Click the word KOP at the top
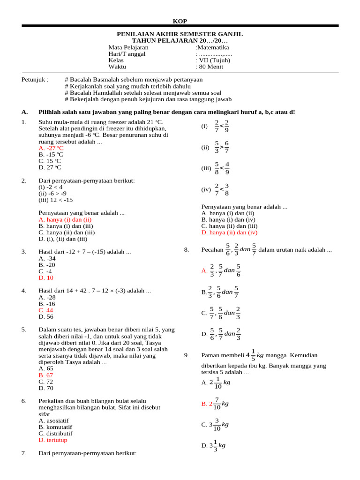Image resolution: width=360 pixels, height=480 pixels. click(x=180, y=21)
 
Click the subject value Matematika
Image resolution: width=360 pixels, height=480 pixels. click(x=213, y=47)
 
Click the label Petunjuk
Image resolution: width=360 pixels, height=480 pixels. click(x=35, y=80)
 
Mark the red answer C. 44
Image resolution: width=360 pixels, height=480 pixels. click(x=46, y=310)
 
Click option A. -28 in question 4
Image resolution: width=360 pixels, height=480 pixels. click(x=47, y=297)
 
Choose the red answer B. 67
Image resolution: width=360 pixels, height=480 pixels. click(x=46, y=375)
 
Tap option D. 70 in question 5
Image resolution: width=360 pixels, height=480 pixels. click(x=46, y=388)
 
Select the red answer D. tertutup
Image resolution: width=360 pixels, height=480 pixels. click(x=53, y=440)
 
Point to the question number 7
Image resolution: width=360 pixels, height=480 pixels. click(x=24, y=453)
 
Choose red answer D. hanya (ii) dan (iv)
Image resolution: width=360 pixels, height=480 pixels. click(x=230, y=232)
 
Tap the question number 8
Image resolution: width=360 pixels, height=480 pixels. click(x=187, y=250)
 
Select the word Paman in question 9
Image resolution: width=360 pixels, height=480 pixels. click(x=210, y=355)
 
